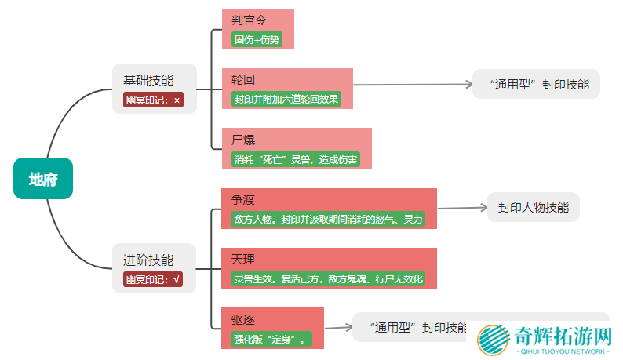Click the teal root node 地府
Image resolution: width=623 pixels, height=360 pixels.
[x=43, y=179]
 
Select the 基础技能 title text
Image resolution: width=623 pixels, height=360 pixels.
[x=148, y=80]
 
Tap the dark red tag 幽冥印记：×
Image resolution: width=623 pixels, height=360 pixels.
[x=153, y=100]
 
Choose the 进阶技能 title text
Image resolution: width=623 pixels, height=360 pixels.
[x=148, y=260]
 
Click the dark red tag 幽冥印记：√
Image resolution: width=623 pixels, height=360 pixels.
[x=153, y=279]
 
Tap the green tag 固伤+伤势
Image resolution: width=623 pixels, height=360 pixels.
[x=257, y=39]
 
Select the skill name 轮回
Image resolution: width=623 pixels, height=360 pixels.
[x=243, y=80]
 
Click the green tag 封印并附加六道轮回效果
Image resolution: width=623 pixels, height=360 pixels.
[x=286, y=100]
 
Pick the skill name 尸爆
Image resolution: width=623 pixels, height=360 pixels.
[x=243, y=140]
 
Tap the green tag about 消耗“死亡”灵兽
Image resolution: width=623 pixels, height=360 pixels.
[x=296, y=160]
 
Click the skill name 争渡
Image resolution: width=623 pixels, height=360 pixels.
[x=243, y=200]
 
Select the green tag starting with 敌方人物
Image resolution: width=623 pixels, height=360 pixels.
[x=328, y=220]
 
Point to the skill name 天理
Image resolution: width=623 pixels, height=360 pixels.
[x=243, y=260]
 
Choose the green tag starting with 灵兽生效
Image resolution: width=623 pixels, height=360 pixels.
[x=328, y=279]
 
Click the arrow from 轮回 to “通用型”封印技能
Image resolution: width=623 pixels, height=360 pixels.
[x=412, y=84]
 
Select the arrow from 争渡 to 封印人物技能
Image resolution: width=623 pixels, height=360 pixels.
[x=461, y=208]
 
